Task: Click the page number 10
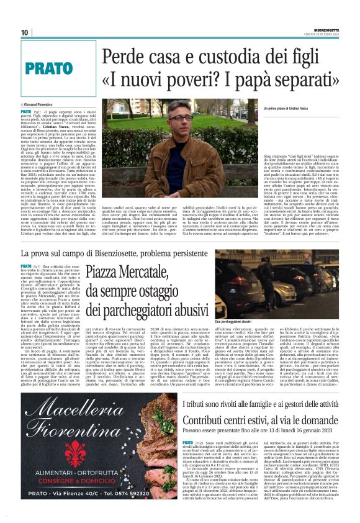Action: (25, 33)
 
